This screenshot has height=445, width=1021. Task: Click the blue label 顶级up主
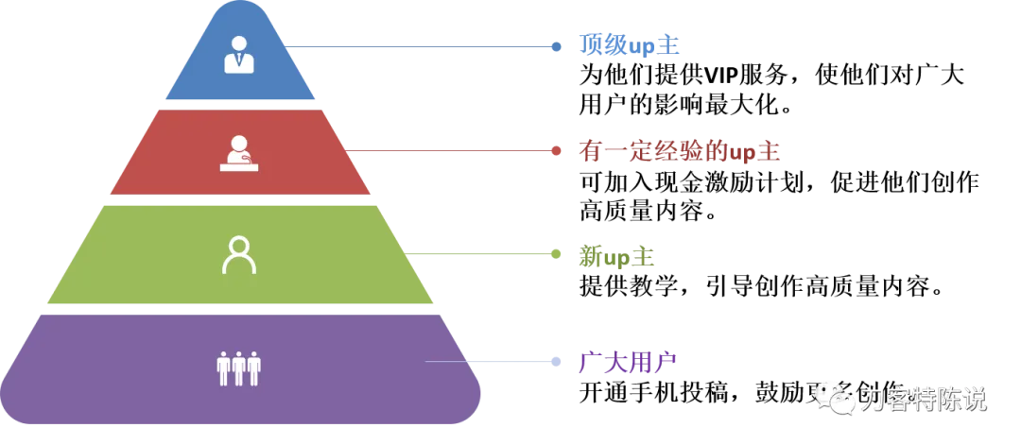point(627,45)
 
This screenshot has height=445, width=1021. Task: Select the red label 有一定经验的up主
point(679,151)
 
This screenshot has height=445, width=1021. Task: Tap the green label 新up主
point(616,256)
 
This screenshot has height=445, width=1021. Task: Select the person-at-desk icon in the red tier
point(239,153)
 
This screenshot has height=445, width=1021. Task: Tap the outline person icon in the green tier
point(239,255)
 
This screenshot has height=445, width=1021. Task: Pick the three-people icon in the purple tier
point(238,368)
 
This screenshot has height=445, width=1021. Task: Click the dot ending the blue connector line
point(557,45)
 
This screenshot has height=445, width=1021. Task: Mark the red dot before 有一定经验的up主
point(557,149)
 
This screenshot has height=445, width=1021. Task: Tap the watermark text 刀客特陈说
point(923,400)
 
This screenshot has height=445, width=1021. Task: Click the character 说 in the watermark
point(973,400)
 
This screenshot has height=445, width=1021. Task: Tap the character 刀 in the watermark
point(872,400)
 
